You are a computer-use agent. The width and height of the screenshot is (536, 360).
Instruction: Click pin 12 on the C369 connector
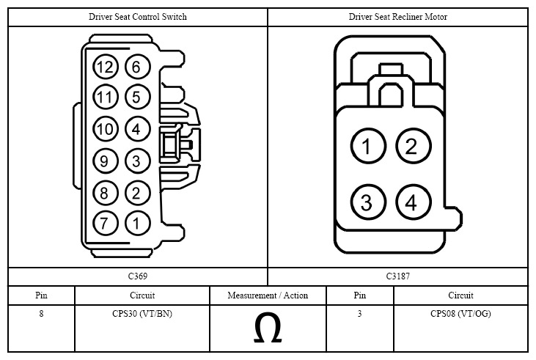pos(106,67)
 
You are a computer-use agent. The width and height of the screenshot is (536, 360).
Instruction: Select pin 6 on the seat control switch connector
pos(137,67)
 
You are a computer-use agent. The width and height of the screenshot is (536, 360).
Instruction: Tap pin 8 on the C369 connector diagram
pos(106,193)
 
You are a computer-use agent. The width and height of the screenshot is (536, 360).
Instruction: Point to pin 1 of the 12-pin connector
pos(137,223)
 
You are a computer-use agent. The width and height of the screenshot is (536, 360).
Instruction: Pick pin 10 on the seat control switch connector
pos(106,129)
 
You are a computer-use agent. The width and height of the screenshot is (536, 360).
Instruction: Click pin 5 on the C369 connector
pos(137,97)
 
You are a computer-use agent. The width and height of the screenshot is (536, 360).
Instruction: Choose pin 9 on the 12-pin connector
pos(106,161)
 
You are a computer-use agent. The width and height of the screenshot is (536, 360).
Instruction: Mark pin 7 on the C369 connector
pos(106,223)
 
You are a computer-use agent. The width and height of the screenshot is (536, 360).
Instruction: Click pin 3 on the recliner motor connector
pos(368,202)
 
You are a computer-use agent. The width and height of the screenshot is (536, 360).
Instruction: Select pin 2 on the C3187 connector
pos(414,146)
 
